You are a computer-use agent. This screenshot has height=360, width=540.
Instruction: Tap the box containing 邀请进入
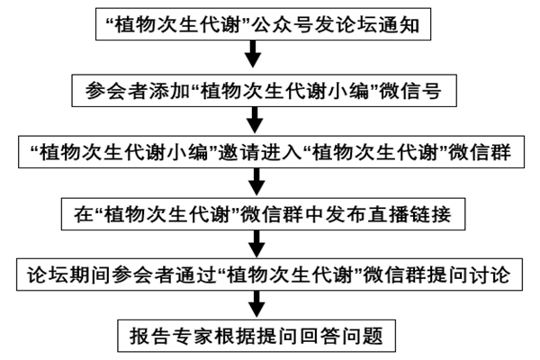click(x=270, y=152)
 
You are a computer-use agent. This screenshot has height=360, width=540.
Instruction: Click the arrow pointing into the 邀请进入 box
click(x=254, y=120)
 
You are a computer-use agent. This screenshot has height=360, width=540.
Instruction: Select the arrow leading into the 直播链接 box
click(x=254, y=184)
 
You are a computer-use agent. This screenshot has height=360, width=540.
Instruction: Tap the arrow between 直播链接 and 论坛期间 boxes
click(x=254, y=246)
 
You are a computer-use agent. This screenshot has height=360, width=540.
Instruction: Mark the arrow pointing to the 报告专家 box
click(x=254, y=307)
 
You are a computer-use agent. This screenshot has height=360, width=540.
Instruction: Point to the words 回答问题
click(x=347, y=337)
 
